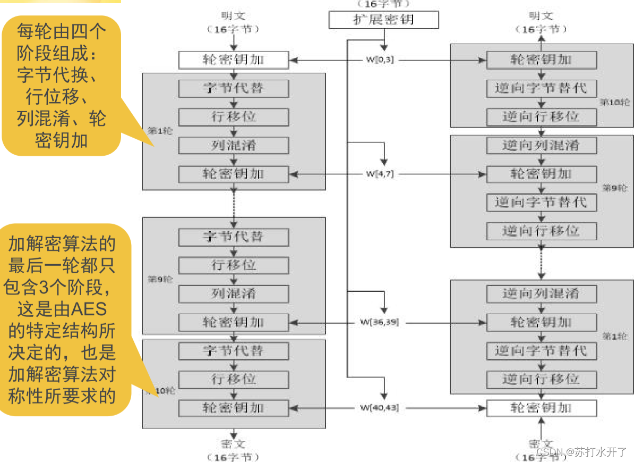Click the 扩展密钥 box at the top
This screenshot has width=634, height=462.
383,20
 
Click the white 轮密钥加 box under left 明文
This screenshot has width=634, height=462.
234,60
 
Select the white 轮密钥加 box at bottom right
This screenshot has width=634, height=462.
541,408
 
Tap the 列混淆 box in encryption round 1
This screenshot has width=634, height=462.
234,145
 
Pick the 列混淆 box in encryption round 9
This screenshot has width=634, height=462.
234,293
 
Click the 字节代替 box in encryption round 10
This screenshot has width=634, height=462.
234,351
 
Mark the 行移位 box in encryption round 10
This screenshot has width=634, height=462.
234,380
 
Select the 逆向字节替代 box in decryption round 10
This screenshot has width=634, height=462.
541,88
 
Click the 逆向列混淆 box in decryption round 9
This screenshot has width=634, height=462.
541,145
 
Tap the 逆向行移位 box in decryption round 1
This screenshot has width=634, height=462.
541,379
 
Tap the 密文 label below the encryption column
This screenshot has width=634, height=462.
234,443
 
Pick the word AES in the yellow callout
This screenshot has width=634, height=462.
89,308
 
